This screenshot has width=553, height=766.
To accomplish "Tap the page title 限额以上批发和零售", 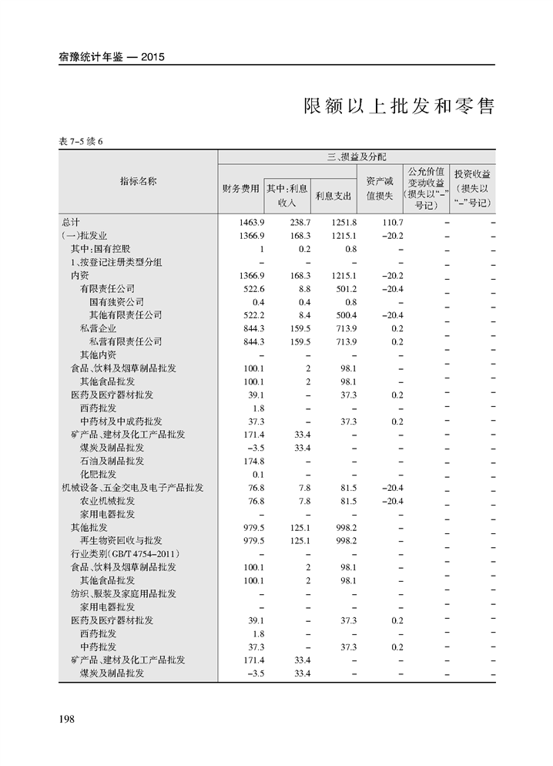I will pos(398,106).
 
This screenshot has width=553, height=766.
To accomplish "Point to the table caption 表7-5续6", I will pos(81,141).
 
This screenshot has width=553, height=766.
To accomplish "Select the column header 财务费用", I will pos(240,189).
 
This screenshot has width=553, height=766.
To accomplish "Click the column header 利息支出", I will pos(333,195).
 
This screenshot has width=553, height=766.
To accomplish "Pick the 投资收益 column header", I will pos(472,174).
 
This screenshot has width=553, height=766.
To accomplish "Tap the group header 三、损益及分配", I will pos(357,156).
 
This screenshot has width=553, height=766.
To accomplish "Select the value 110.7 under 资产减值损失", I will pos(391,222).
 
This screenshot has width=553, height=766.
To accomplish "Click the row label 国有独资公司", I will pos(116,302).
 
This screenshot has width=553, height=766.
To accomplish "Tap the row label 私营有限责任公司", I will pos(126,341).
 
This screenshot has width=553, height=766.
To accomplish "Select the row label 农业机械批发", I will pos(112,501).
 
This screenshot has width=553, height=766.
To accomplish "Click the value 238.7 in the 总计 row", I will pos(297,222).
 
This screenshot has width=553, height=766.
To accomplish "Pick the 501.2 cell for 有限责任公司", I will pos(344,288).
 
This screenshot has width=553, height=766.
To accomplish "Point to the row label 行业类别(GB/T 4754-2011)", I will pos(125,554).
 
